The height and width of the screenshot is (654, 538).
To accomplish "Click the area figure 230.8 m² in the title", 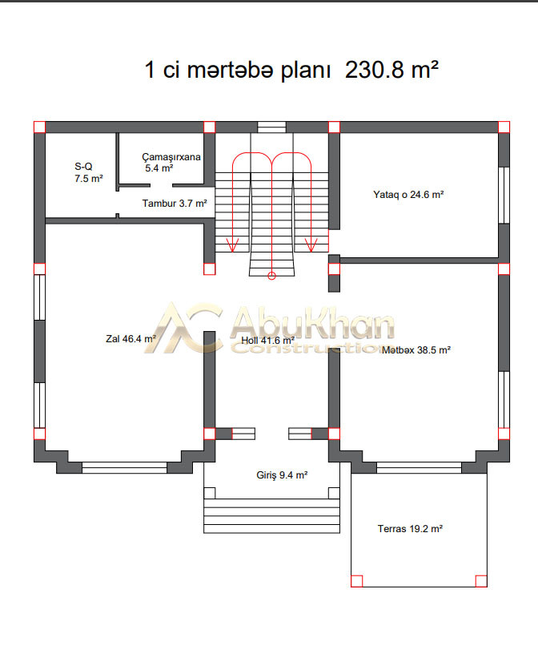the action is click(x=391, y=70).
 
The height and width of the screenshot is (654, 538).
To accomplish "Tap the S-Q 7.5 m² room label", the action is click(x=88, y=172).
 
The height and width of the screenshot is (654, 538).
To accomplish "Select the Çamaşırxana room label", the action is click(x=171, y=163).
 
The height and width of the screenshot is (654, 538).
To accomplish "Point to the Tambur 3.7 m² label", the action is click(x=175, y=203).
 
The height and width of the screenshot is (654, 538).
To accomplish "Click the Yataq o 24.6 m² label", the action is click(x=408, y=195).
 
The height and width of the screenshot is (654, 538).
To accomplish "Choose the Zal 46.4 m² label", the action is click(x=130, y=339).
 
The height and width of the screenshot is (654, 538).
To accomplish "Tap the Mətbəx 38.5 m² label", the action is click(x=416, y=350).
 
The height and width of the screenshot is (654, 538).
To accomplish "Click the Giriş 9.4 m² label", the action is click(x=282, y=475).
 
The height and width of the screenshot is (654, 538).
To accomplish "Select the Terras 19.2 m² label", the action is click(x=410, y=528).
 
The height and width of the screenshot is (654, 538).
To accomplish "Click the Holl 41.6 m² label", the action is click(x=268, y=341).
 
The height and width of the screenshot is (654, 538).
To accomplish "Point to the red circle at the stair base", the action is click(x=271, y=276).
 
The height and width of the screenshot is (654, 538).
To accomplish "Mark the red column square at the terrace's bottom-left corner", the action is click(x=357, y=581).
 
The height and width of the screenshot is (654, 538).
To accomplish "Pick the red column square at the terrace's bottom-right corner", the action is click(x=481, y=581).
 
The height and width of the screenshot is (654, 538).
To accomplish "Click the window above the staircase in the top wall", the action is click(x=271, y=127).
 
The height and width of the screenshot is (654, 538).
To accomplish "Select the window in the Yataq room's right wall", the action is click(x=504, y=196).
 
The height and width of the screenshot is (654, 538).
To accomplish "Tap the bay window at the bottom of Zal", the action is click(x=125, y=467).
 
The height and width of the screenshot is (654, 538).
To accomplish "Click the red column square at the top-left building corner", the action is click(x=39, y=127).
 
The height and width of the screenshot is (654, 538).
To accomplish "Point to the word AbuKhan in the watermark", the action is click(x=311, y=322).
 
